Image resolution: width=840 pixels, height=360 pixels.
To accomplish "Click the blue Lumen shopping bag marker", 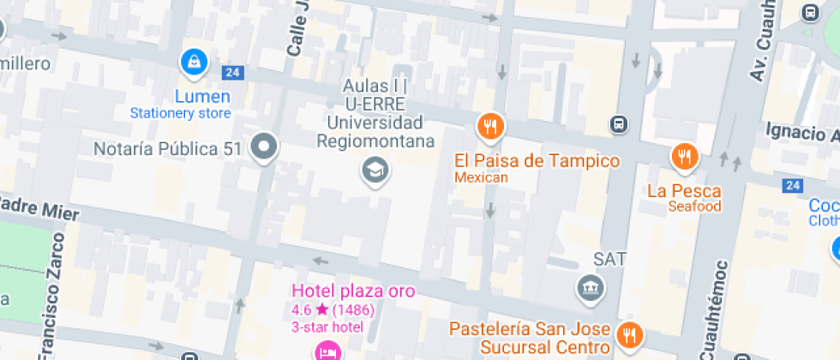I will [x=195, y=62].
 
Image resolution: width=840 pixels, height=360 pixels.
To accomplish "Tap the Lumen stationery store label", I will [x=202, y=96].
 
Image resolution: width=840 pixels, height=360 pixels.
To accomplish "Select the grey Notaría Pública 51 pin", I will [x=264, y=147].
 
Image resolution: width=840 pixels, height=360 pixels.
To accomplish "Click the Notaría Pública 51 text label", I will [x=168, y=148].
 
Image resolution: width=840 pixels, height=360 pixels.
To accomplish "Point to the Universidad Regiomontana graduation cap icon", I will [x=375, y=170].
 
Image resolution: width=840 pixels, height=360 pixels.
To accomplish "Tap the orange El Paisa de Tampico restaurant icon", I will [x=490, y=128].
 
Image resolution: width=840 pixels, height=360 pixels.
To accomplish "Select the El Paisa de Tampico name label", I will [x=537, y=161].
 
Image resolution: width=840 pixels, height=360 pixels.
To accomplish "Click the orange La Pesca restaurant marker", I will [x=684, y=156].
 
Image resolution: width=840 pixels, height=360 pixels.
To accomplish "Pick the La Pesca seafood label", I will [x=684, y=191].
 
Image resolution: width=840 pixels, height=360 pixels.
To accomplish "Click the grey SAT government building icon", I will [x=591, y=288].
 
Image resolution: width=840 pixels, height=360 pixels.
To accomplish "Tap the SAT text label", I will [x=610, y=259].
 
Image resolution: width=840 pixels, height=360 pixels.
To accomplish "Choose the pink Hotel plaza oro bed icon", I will [x=327, y=350].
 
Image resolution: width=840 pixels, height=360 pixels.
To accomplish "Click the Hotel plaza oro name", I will [x=353, y=291].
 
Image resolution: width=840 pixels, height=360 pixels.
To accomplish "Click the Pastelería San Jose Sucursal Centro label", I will [x=531, y=338].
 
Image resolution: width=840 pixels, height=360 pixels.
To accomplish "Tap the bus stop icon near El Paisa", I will [x=618, y=125].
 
